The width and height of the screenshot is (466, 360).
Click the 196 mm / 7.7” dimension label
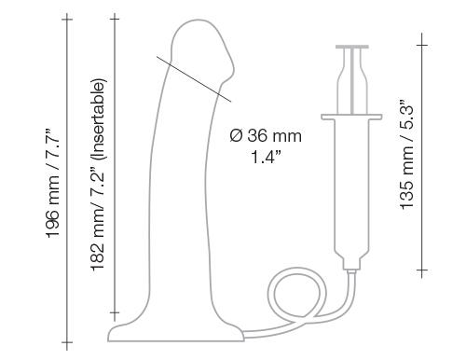[x=57, y=183]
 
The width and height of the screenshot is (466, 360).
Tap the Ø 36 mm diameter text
[x=265, y=137]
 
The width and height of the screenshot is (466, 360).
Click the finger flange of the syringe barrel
[x=353, y=116]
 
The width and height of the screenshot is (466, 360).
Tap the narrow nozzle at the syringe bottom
[x=353, y=264]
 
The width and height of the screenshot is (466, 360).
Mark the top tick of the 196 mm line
[x=67, y=17]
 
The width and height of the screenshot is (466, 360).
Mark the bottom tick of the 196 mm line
[x=67, y=343]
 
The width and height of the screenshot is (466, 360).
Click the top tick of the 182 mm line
[x=115, y=17]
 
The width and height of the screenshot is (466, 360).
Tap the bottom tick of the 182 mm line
[x=115, y=312]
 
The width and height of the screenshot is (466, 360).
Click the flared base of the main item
[x=177, y=330]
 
